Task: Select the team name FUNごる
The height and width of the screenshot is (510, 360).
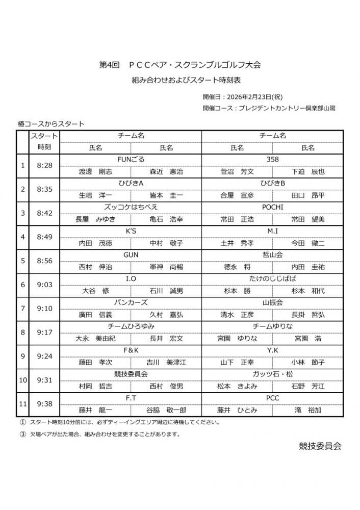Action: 131,159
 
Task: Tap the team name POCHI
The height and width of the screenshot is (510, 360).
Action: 272,207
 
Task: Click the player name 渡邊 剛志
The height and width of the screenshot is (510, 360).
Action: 95,171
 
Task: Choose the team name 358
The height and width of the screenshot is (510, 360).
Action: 272,159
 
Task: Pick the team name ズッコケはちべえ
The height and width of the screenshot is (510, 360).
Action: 131,207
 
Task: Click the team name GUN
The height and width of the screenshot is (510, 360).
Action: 131,254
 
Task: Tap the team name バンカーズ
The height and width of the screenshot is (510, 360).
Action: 131,302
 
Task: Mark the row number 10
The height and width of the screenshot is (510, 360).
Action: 22,380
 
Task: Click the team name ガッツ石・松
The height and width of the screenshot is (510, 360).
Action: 272,374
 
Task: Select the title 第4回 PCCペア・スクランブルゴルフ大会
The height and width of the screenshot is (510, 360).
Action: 180,65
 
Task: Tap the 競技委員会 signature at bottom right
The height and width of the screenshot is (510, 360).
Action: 320,446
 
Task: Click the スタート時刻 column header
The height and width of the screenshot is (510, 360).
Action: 44,141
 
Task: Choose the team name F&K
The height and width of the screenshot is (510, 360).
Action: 131,350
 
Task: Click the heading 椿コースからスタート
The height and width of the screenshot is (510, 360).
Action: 51,123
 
